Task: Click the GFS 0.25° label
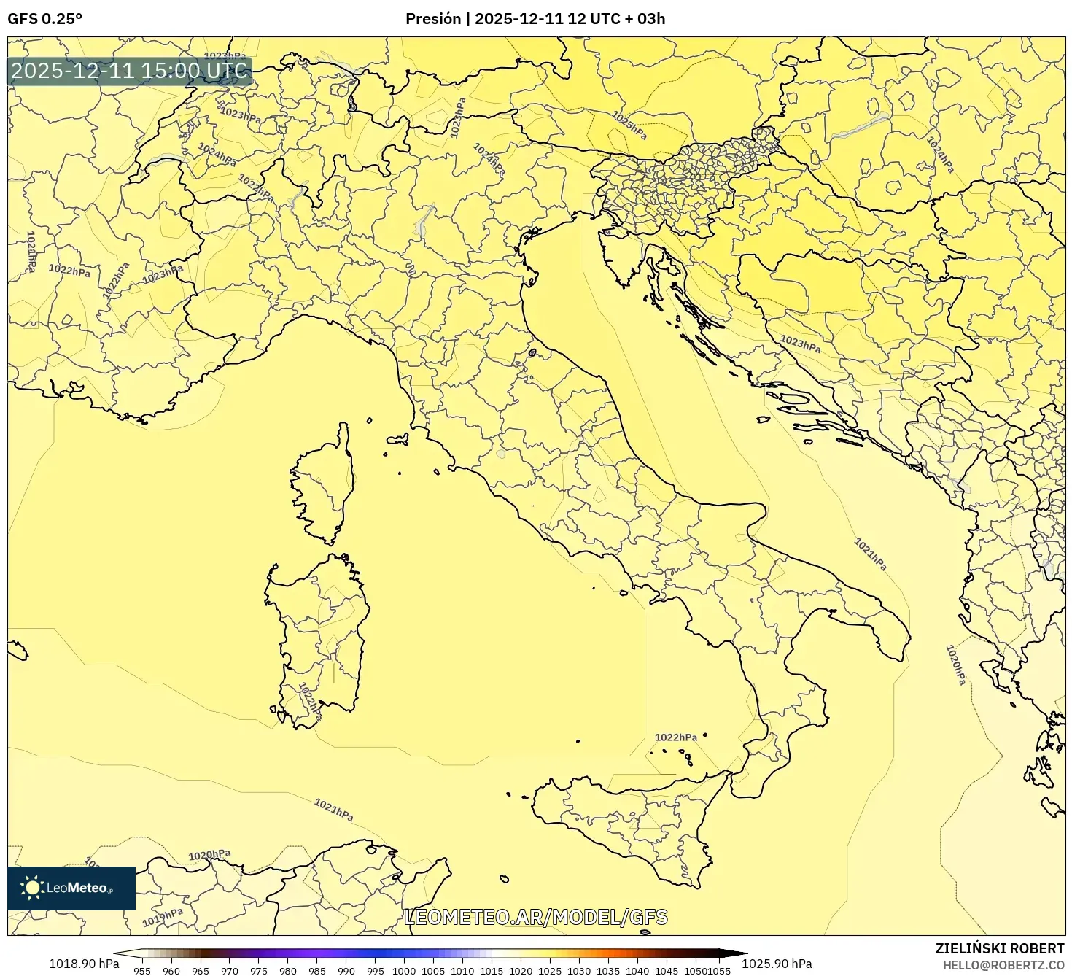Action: tap(44, 19)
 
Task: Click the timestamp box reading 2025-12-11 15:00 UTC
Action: tap(130, 71)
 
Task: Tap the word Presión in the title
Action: tap(433, 19)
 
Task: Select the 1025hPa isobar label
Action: tap(629, 125)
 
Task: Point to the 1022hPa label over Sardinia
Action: tap(310, 701)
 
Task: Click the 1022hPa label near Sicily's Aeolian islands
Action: tap(675, 737)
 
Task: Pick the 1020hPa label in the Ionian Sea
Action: tap(955, 665)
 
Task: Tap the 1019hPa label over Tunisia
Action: tap(162, 917)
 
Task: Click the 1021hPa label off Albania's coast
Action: tap(870, 554)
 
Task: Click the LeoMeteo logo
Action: tap(71, 888)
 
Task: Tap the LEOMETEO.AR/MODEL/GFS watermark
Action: tap(536, 917)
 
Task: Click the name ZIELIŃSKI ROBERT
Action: tap(999, 948)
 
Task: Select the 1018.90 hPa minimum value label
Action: tap(83, 964)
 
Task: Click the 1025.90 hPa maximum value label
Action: tap(780, 964)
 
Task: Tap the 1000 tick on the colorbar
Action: tap(404, 971)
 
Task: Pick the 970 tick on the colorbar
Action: tap(230, 971)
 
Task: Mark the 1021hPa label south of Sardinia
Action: tap(333, 809)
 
